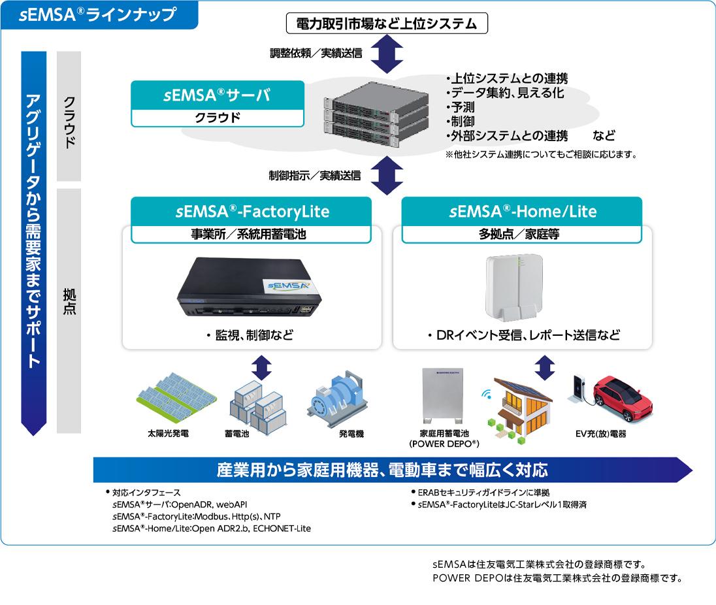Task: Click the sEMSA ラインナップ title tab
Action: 98,15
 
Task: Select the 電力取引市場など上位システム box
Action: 387,24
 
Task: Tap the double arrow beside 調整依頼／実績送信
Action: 387,54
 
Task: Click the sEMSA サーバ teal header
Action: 217,96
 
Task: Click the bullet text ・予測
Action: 460,107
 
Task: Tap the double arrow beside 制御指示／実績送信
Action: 387,175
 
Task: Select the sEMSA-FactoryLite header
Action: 252,212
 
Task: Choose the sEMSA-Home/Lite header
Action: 522,212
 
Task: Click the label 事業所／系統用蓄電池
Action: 252,234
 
